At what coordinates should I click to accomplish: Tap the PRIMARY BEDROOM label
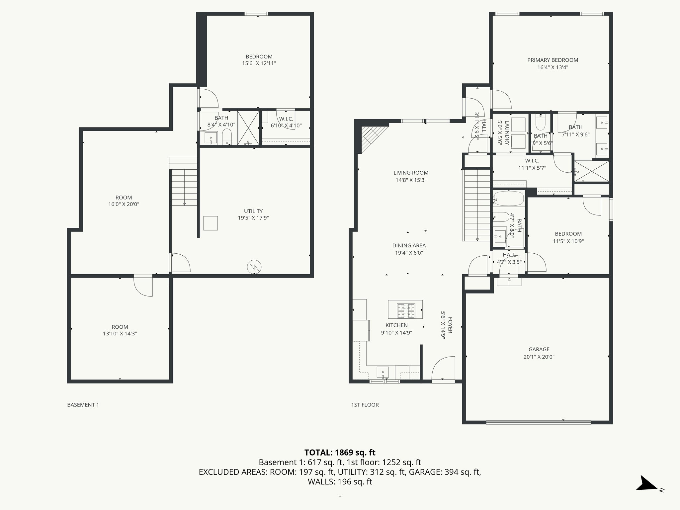point(552,60)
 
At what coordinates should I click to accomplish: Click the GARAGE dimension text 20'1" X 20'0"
point(539,357)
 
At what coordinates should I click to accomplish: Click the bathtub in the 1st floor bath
point(508,199)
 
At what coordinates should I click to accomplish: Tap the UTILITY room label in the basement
point(253,211)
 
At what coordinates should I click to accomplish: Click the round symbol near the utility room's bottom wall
point(254,266)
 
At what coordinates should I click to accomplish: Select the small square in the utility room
point(211,223)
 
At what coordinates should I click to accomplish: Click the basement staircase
point(184,186)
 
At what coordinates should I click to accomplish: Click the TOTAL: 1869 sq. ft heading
point(340,453)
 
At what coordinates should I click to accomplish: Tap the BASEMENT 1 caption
point(83,405)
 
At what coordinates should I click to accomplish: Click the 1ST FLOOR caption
point(365,405)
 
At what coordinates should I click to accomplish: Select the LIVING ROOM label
point(411,173)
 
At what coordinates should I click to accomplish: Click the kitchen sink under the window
point(383,371)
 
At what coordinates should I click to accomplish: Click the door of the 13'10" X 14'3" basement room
point(143,286)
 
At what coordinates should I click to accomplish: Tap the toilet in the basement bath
point(227,137)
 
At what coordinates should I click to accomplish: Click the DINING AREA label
point(409,246)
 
